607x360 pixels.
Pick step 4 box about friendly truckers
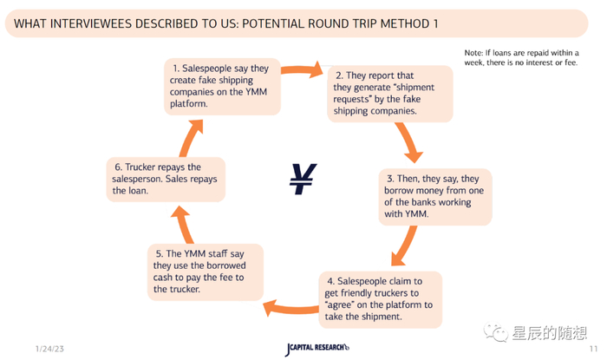[x=381, y=298]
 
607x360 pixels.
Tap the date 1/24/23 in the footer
[x=51, y=347]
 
